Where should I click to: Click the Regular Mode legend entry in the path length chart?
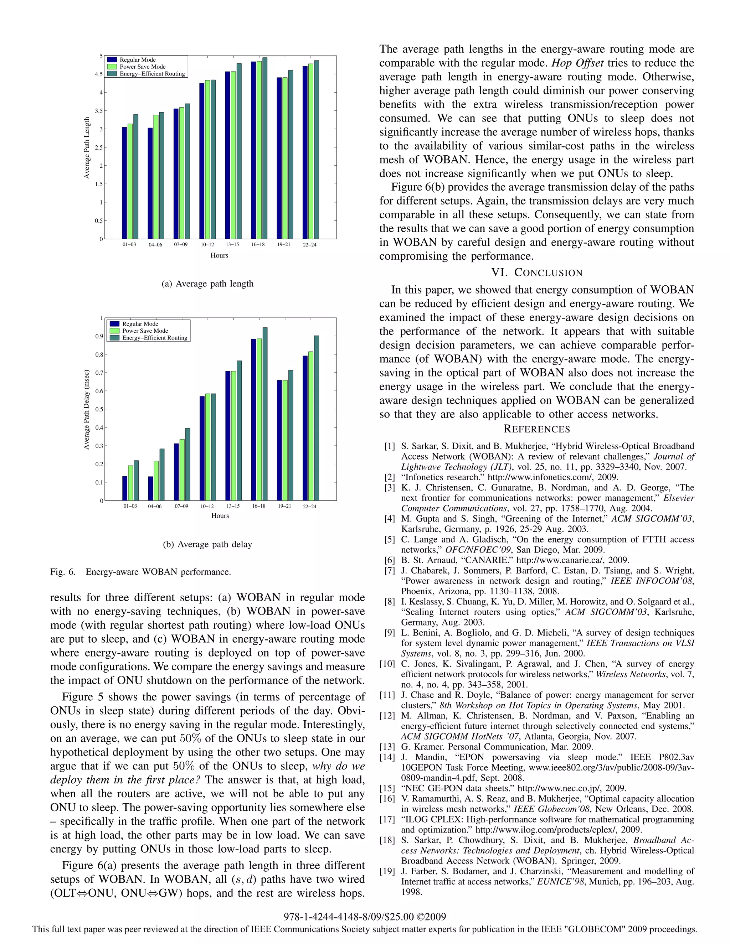pos(137,59)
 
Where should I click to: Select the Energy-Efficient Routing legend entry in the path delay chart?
pos(154,338)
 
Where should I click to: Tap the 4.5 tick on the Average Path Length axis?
pos(99,74)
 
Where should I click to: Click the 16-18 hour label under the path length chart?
pos(258,245)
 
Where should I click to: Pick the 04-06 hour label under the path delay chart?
pos(155,506)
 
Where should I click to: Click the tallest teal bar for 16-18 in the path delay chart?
pos(265,414)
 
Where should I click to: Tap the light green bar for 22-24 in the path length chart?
pos(311,151)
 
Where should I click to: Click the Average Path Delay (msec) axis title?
pos(87,409)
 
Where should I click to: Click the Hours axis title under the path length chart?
pos(219,255)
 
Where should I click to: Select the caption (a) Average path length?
pos(207,284)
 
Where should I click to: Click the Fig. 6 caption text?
pos(140,572)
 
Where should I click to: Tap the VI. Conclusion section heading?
pos(537,273)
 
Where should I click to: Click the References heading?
pos(537,429)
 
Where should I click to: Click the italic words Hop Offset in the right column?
pos(577,63)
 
